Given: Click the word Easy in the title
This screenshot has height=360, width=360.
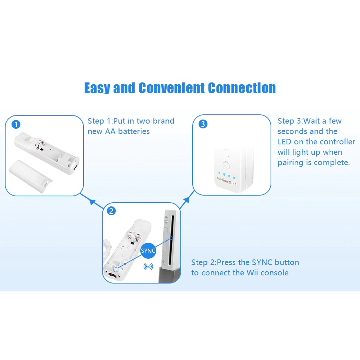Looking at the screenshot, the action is coord(97,88).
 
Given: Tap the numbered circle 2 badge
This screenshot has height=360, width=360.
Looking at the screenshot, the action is coord(111,211).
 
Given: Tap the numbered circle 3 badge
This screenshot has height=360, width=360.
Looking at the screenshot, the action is coord(203,124).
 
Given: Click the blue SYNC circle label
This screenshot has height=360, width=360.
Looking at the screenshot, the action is coord(148,251).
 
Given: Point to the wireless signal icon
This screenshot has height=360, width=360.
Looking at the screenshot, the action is coord(148,266).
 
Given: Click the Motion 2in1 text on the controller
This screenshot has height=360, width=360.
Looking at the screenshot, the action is coord(229,180).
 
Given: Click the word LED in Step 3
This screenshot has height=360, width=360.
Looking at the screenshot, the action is coord(285,142).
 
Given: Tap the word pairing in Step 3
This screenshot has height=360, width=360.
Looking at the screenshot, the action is coord(291,163).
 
